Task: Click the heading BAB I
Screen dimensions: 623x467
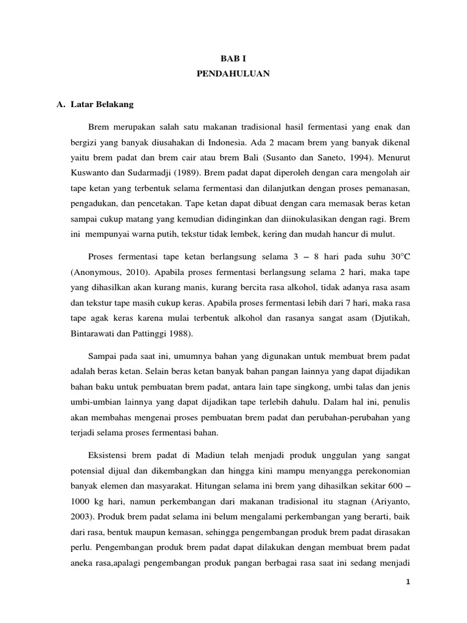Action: [x=233, y=58]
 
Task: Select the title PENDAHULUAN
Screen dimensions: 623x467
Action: [x=233, y=74]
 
